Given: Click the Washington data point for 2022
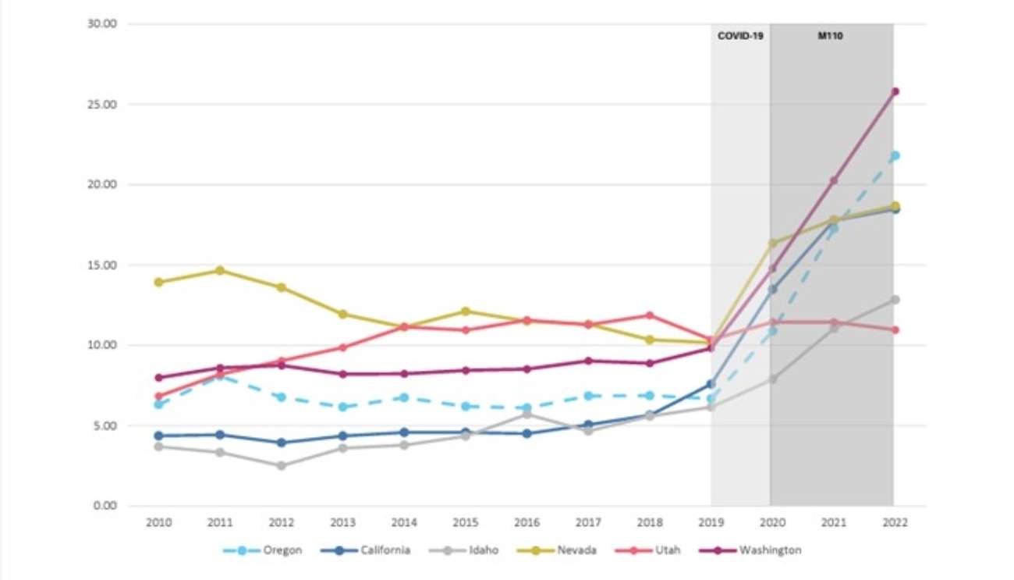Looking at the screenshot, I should tap(895, 91).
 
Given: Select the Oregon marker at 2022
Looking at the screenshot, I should tap(895, 155).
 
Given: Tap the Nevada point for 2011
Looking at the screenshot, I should tap(220, 270).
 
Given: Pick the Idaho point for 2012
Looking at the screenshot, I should tap(282, 466).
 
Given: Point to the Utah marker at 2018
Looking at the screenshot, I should tap(650, 315).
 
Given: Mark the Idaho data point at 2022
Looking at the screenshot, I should tap(895, 300).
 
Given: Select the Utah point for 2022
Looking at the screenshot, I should tap(895, 329).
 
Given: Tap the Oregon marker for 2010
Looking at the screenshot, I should tap(159, 404).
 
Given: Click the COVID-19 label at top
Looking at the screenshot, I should tap(740, 36).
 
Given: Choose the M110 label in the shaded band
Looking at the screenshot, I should tap(831, 36).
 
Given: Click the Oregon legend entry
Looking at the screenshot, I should tap(277, 550).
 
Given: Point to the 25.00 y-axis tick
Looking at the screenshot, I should tap(102, 105).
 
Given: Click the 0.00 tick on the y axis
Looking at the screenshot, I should tap(105, 506).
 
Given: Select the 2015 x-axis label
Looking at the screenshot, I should tap(466, 521).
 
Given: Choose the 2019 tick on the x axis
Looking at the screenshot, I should tap(711, 521).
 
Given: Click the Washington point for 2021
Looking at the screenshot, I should tap(834, 180).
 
